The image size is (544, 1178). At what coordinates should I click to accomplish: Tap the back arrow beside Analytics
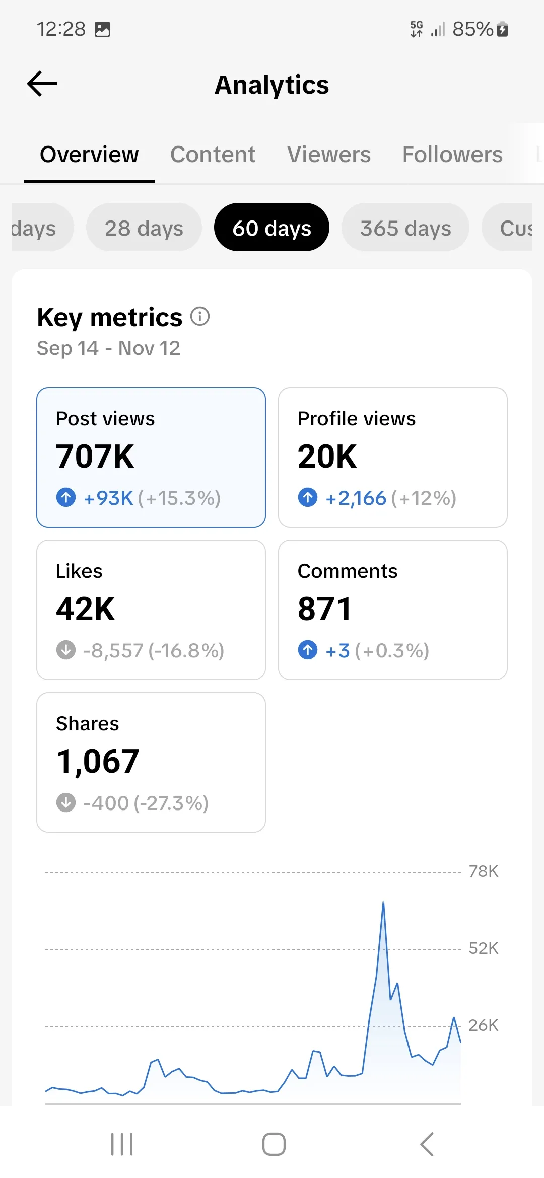pyautogui.click(x=42, y=84)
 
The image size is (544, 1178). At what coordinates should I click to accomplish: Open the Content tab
pyautogui.click(x=213, y=155)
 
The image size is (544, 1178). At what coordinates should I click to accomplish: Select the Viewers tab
pyautogui.click(x=329, y=155)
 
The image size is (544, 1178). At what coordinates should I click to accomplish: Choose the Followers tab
pyautogui.click(x=452, y=155)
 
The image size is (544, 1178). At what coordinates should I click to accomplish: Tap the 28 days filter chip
pyautogui.click(x=144, y=228)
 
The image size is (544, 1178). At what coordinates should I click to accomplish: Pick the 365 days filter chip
pyautogui.click(x=405, y=228)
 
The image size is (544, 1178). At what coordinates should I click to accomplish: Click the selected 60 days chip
pyautogui.click(x=272, y=228)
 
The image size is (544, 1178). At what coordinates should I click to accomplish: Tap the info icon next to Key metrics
pyautogui.click(x=200, y=317)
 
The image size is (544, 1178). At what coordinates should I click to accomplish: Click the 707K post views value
pyautogui.click(x=95, y=456)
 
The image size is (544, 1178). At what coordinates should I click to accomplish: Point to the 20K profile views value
pyautogui.click(x=327, y=456)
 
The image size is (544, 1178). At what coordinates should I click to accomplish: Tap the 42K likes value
pyautogui.click(x=86, y=609)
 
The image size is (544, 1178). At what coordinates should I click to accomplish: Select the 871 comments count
pyautogui.click(x=324, y=609)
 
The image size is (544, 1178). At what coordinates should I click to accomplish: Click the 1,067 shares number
pyautogui.click(x=98, y=761)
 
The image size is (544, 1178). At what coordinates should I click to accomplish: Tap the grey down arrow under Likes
pyautogui.click(x=66, y=650)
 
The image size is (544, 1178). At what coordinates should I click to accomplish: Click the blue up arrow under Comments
pyautogui.click(x=308, y=650)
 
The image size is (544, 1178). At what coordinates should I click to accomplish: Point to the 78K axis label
pyautogui.click(x=484, y=871)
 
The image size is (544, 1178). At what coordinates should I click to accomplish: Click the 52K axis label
pyautogui.click(x=484, y=948)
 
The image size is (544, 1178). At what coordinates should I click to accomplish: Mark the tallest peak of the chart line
pyautogui.click(x=383, y=902)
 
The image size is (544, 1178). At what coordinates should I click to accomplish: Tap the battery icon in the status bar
pyautogui.click(x=502, y=29)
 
